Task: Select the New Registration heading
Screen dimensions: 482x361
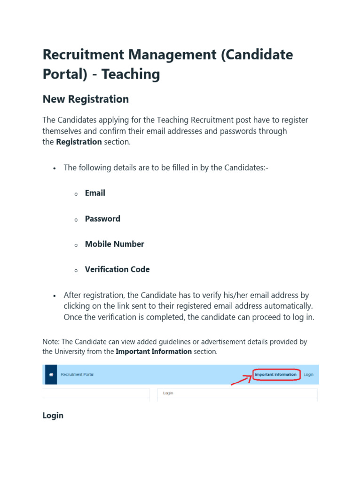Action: coord(86,99)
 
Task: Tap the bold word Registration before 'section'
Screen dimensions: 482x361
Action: coord(78,142)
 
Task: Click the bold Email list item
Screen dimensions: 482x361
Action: coord(95,193)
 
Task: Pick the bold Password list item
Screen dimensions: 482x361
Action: coord(102,219)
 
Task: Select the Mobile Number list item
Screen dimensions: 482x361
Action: coord(114,244)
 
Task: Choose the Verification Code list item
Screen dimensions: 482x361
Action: coord(117,270)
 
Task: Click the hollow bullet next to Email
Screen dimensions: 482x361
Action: coord(76,194)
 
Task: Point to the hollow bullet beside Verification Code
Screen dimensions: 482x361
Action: coord(76,271)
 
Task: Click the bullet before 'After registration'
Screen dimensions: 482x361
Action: coord(55,296)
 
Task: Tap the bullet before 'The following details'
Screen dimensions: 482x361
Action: coord(55,168)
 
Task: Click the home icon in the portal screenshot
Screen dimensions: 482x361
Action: coord(51,375)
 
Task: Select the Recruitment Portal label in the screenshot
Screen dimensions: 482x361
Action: coord(77,375)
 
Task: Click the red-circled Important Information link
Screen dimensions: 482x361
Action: coord(275,375)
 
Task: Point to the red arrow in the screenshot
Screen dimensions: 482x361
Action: coord(241,379)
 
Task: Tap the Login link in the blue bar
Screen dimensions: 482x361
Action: coord(308,375)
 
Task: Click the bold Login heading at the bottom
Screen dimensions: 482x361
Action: coord(53,416)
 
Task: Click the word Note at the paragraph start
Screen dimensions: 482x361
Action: coord(50,342)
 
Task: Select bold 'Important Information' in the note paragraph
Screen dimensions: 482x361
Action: coord(154,352)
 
